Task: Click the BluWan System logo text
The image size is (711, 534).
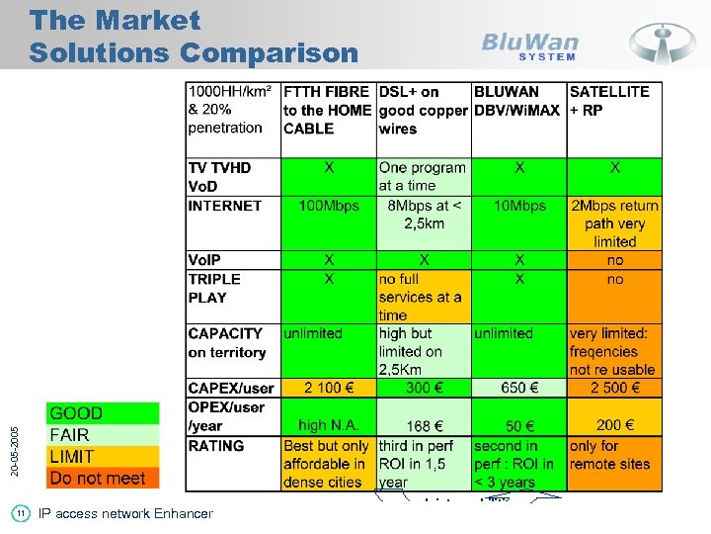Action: point(529,45)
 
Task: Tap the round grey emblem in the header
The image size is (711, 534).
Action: point(663,43)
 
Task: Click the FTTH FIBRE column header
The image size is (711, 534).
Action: point(327,110)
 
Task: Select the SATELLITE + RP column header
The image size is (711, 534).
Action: point(609,101)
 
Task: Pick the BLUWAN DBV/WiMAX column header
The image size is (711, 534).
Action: point(517,101)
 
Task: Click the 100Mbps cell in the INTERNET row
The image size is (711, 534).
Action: point(329,206)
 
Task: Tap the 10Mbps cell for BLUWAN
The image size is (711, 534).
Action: point(519,206)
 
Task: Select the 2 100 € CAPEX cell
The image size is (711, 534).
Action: point(329,388)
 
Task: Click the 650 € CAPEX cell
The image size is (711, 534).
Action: point(519,388)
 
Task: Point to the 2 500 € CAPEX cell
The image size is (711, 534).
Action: point(614,388)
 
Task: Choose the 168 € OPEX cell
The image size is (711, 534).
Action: point(424,426)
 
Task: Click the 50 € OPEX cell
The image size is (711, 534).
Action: point(519,425)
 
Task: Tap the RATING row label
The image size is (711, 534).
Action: point(216,446)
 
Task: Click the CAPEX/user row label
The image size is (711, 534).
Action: point(231,388)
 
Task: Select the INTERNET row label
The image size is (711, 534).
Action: point(225,206)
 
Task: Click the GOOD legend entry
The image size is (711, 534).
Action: point(76,413)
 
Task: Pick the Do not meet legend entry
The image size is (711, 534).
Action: point(97,479)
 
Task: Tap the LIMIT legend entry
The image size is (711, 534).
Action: point(72,457)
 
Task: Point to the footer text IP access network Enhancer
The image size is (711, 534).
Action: point(125,513)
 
